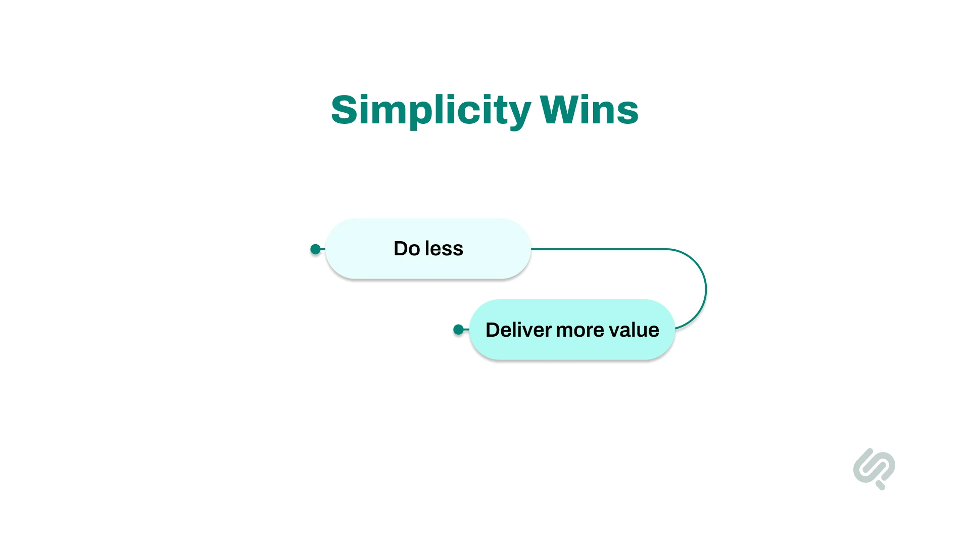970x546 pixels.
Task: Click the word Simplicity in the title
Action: click(430, 110)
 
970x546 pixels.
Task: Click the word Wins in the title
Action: click(589, 110)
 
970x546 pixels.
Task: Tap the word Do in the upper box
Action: click(407, 249)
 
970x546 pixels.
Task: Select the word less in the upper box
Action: click(444, 249)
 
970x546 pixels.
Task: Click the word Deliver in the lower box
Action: click(518, 330)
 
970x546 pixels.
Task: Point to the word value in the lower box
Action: click(634, 330)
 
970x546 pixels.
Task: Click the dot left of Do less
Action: click(316, 249)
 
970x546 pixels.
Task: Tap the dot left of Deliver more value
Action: click(459, 330)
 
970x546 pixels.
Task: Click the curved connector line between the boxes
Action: click(705, 289)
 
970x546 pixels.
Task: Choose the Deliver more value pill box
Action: click(572, 349)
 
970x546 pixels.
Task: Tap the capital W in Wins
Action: click(558, 110)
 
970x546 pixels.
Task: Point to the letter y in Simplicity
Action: click(519, 114)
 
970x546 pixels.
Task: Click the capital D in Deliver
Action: click(493, 330)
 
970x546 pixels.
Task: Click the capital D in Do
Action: click(401, 249)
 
